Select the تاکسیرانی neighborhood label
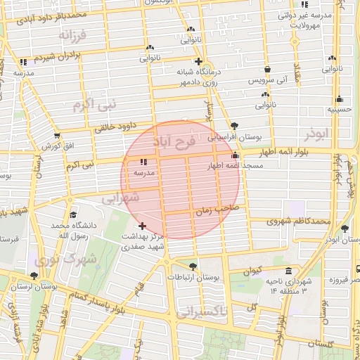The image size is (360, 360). point(203,313)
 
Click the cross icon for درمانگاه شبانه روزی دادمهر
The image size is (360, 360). point(199,61)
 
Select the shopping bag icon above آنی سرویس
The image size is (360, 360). point(269,70)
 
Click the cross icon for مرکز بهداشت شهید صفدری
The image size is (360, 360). point(143,226)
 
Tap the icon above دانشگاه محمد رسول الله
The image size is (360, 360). point(72,215)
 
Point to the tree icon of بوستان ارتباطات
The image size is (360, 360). point(193,266)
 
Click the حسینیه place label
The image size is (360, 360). point(340,110)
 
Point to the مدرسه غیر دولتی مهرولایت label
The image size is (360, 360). point(304,19)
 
